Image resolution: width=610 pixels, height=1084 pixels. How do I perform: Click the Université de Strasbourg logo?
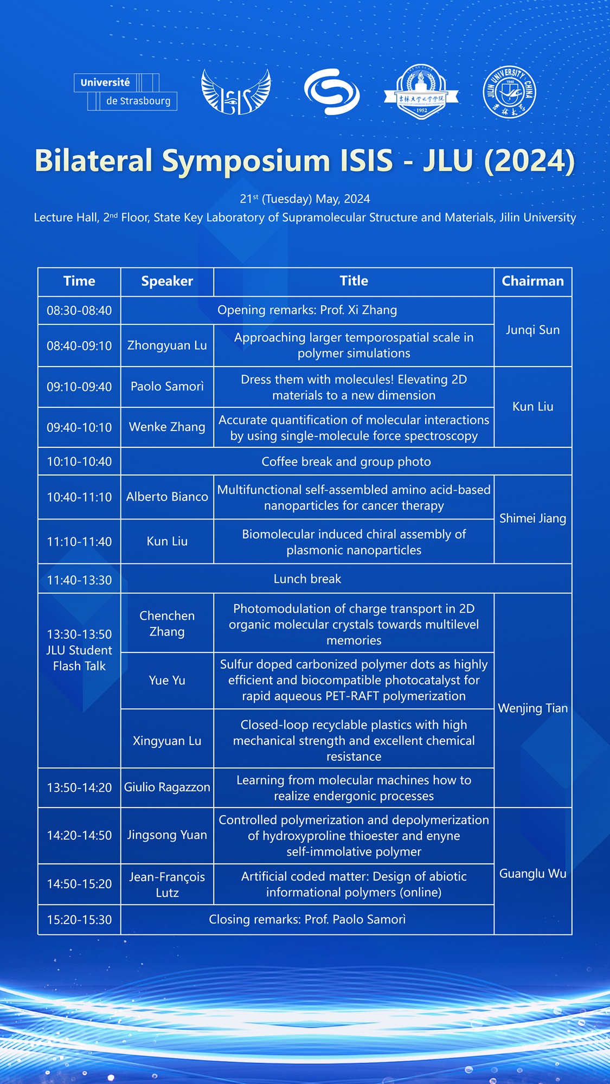(125, 92)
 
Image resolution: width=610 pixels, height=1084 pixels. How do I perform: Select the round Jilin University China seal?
(509, 92)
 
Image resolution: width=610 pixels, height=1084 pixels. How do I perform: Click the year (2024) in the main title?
(529, 161)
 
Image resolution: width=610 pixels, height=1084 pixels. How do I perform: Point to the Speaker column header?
(167, 281)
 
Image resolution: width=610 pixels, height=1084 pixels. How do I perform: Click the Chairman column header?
(532, 281)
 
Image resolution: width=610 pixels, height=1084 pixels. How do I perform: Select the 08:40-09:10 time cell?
(79, 345)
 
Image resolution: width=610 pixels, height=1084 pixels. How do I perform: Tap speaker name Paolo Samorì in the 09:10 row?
(167, 387)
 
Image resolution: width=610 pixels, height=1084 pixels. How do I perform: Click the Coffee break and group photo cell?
(346, 461)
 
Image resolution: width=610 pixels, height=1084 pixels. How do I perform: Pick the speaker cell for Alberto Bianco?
(167, 497)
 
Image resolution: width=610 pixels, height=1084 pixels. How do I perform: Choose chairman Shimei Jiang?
(532, 518)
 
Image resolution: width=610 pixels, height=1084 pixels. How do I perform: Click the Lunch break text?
(307, 579)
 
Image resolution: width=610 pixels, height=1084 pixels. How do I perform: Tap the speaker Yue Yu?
(167, 680)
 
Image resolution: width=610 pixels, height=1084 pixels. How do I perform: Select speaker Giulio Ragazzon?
(167, 787)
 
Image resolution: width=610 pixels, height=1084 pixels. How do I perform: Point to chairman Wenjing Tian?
(532, 708)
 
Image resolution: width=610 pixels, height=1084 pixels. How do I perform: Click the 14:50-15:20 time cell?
(79, 884)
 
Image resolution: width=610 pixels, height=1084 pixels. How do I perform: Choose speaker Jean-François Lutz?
(167, 884)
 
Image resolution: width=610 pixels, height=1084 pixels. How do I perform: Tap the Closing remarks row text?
(307, 920)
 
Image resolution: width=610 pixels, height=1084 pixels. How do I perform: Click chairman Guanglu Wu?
(532, 874)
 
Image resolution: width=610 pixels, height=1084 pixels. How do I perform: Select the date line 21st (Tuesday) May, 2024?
(305, 199)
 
